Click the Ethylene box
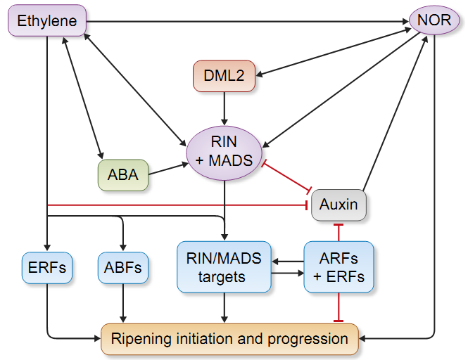(47, 20)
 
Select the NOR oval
(434, 20)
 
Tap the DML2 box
(224, 76)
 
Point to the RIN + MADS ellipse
(224, 153)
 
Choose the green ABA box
(123, 175)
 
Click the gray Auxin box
(339, 205)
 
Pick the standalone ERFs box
(47, 268)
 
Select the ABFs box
(123, 268)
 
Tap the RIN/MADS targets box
(224, 267)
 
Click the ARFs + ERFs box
(339, 267)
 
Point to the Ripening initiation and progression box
(230, 339)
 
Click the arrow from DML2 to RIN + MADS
(224, 108)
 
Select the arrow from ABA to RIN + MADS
(168, 169)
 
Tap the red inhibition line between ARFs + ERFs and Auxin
(339, 232)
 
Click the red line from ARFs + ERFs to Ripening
(339, 307)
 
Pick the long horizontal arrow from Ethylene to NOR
(248, 22)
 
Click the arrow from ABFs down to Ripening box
(123, 303)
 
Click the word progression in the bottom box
(308, 339)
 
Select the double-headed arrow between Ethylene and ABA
(82, 98)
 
